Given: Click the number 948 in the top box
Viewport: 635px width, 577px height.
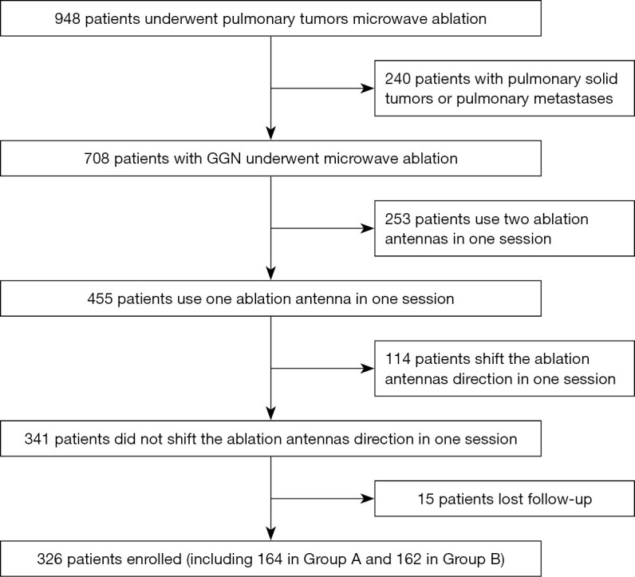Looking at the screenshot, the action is pos(67,18).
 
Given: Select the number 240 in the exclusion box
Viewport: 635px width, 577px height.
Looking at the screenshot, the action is pos(398,78).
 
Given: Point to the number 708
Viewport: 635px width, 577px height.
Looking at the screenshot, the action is pos(97,159).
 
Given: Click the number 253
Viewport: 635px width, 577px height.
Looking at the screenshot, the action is pos(398,219).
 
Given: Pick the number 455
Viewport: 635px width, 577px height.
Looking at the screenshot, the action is pos(100,298).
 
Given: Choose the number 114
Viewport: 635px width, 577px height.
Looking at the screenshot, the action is pos(398,359).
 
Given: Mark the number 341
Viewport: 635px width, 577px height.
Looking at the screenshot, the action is pos(37,439).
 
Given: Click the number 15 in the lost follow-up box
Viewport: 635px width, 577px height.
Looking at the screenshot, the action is pos(426,499).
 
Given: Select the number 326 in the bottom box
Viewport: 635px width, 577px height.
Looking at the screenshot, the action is pos(49,559).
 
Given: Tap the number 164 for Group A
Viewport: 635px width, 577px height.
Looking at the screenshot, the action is pos(270,559).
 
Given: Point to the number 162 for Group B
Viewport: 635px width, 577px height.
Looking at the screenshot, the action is pos(409,559).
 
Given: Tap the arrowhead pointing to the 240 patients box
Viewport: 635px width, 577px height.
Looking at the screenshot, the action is pos(367,89).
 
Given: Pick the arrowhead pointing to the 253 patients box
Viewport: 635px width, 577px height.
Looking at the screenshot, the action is pos(367,228).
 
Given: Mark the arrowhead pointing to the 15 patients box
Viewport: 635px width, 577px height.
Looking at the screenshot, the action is pos(367,499).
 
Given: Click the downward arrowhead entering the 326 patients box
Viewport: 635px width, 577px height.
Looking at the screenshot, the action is pos(271,534).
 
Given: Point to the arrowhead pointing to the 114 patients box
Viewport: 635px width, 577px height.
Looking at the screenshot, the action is pos(367,369).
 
